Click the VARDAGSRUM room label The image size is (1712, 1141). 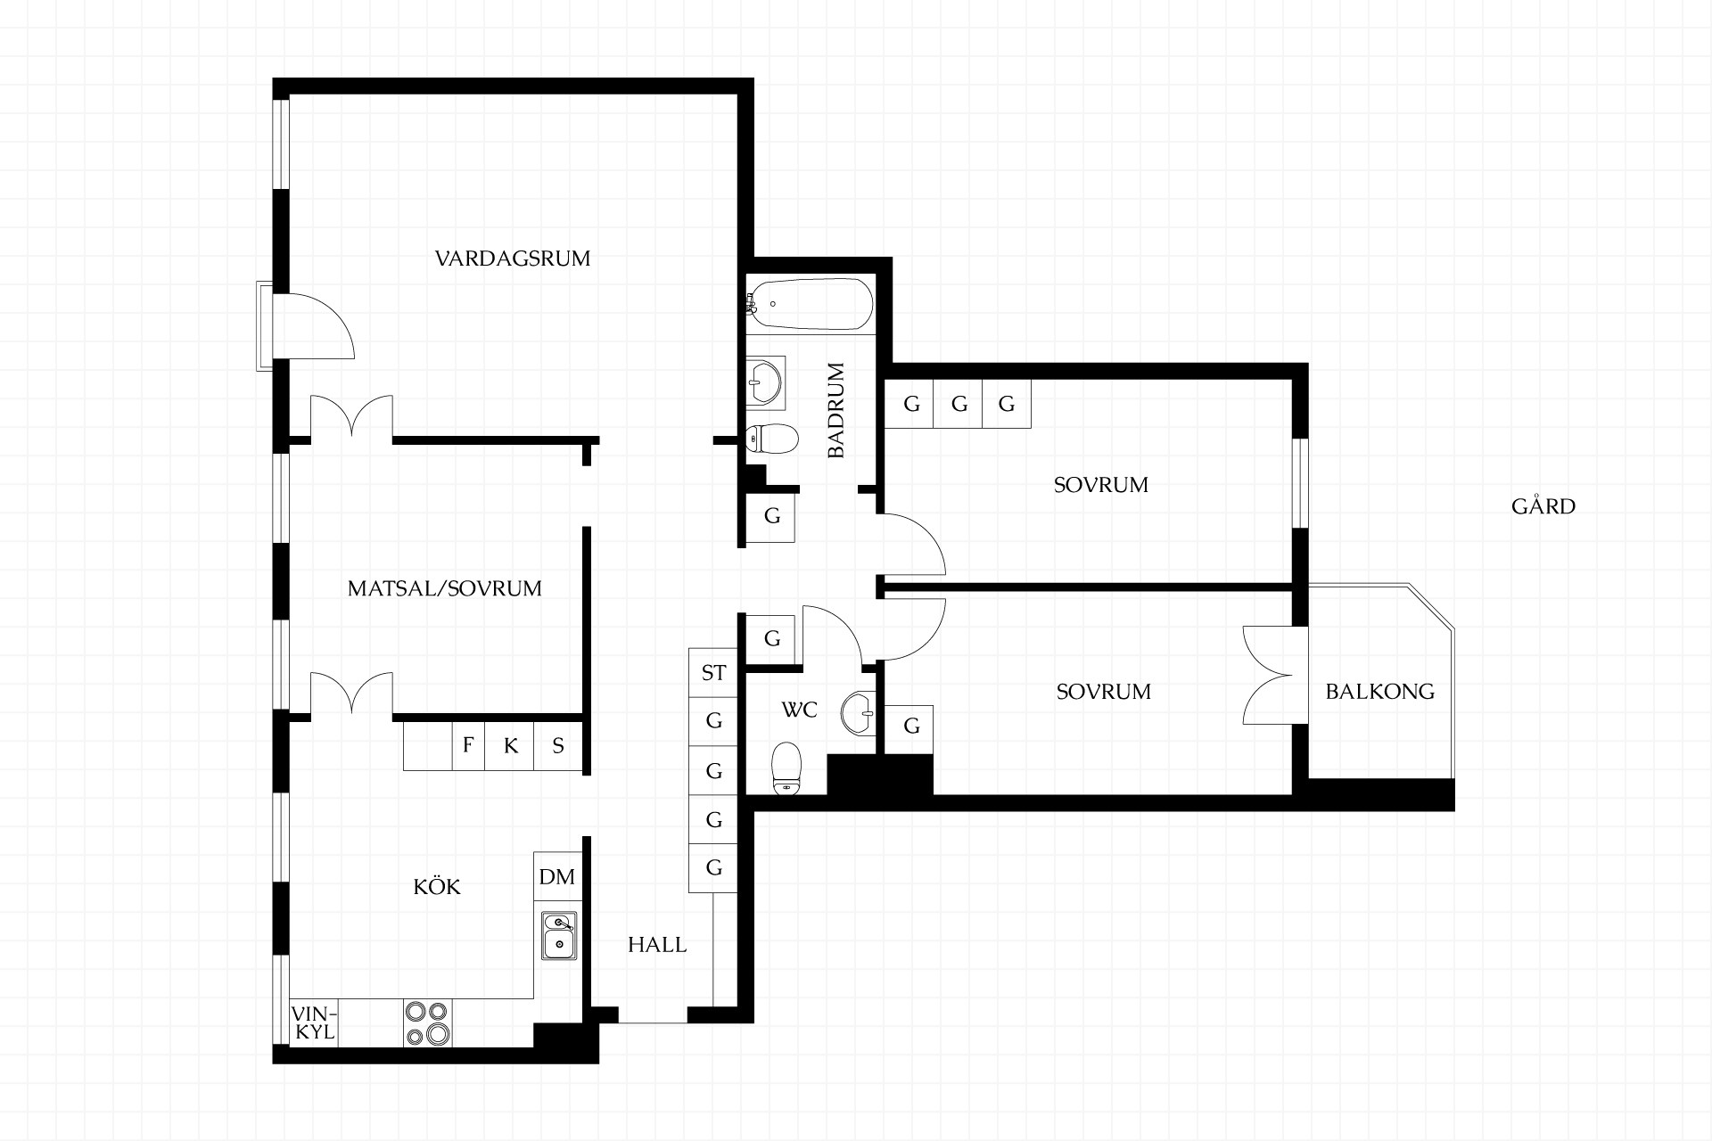[x=513, y=259]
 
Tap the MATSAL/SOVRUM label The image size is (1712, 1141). [x=445, y=588]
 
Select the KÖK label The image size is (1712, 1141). [x=437, y=886]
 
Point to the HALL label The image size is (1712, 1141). [x=657, y=945]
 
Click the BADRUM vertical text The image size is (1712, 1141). [x=835, y=410]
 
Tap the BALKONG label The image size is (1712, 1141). [x=1380, y=691]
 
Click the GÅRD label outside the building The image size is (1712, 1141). [x=1543, y=505]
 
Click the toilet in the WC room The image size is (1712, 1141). [x=786, y=768]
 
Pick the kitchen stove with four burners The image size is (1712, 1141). [x=428, y=1023]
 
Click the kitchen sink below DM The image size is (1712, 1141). [x=559, y=935]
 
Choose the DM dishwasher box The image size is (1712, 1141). [x=557, y=877]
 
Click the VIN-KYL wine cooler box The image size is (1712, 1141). [x=315, y=1023]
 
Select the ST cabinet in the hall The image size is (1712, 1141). [x=713, y=672]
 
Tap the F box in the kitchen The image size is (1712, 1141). [x=468, y=745]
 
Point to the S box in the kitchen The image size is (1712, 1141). [x=558, y=745]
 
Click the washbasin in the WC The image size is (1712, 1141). [x=859, y=713]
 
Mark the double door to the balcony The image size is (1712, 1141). [x=1268, y=675]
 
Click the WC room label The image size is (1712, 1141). [x=799, y=710]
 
